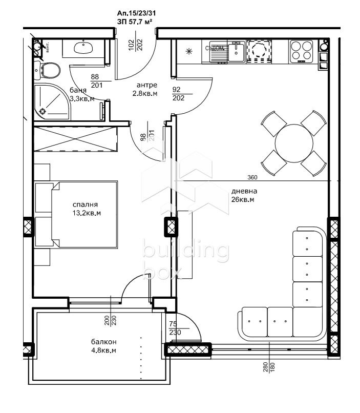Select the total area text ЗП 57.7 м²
coord(135,22)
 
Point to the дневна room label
coord(242,191)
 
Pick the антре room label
coord(146,85)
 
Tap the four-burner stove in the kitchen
coord(301,51)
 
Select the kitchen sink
coord(236,51)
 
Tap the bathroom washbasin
coord(82,48)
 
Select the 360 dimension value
coord(252,177)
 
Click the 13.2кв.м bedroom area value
coord(85,213)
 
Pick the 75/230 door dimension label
coord(174,327)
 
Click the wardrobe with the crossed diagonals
coord(75,138)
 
